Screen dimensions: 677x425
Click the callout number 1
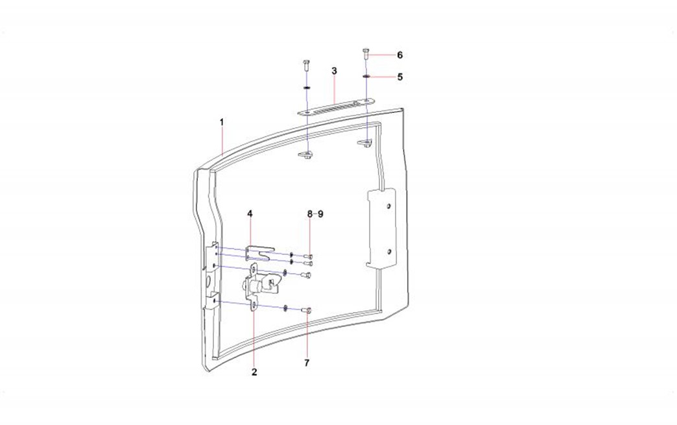[x=222, y=122]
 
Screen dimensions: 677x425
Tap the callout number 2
[x=254, y=372]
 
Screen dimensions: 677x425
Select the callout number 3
[x=334, y=71]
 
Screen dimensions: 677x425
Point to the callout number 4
[x=250, y=213]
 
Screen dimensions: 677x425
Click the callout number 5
[x=400, y=77]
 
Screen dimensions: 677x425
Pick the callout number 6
[x=400, y=55]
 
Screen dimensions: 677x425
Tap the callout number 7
[x=307, y=363]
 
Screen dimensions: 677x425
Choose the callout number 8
[x=309, y=213]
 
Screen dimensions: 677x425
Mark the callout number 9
[x=320, y=213]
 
